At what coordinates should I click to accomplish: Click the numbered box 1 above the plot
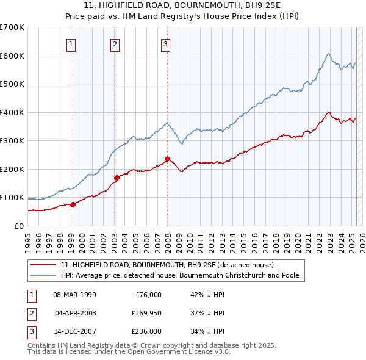click(x=71, y=43)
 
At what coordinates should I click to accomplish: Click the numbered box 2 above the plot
click(x=115, y=43)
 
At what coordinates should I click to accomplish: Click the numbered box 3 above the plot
click(x=166, y=43)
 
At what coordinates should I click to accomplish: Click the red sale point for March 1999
click(x=73, y=204)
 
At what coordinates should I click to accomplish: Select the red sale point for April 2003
click(x=117, y=178)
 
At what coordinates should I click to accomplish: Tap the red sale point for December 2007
click(x=167, y=159)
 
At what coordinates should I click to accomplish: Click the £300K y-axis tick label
click(x=12, y=141)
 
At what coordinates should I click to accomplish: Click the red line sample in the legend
click(x=44, y=265)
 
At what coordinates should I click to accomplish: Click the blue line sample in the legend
click(x=44, y=275)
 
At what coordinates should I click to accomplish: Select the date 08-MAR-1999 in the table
click(x=74, y=295)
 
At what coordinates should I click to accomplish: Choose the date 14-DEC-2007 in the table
click(x=74, y=331)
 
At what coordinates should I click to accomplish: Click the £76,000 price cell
click(x=146, y=295)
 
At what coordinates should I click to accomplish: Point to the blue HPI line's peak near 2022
click(x=328, y=54)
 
